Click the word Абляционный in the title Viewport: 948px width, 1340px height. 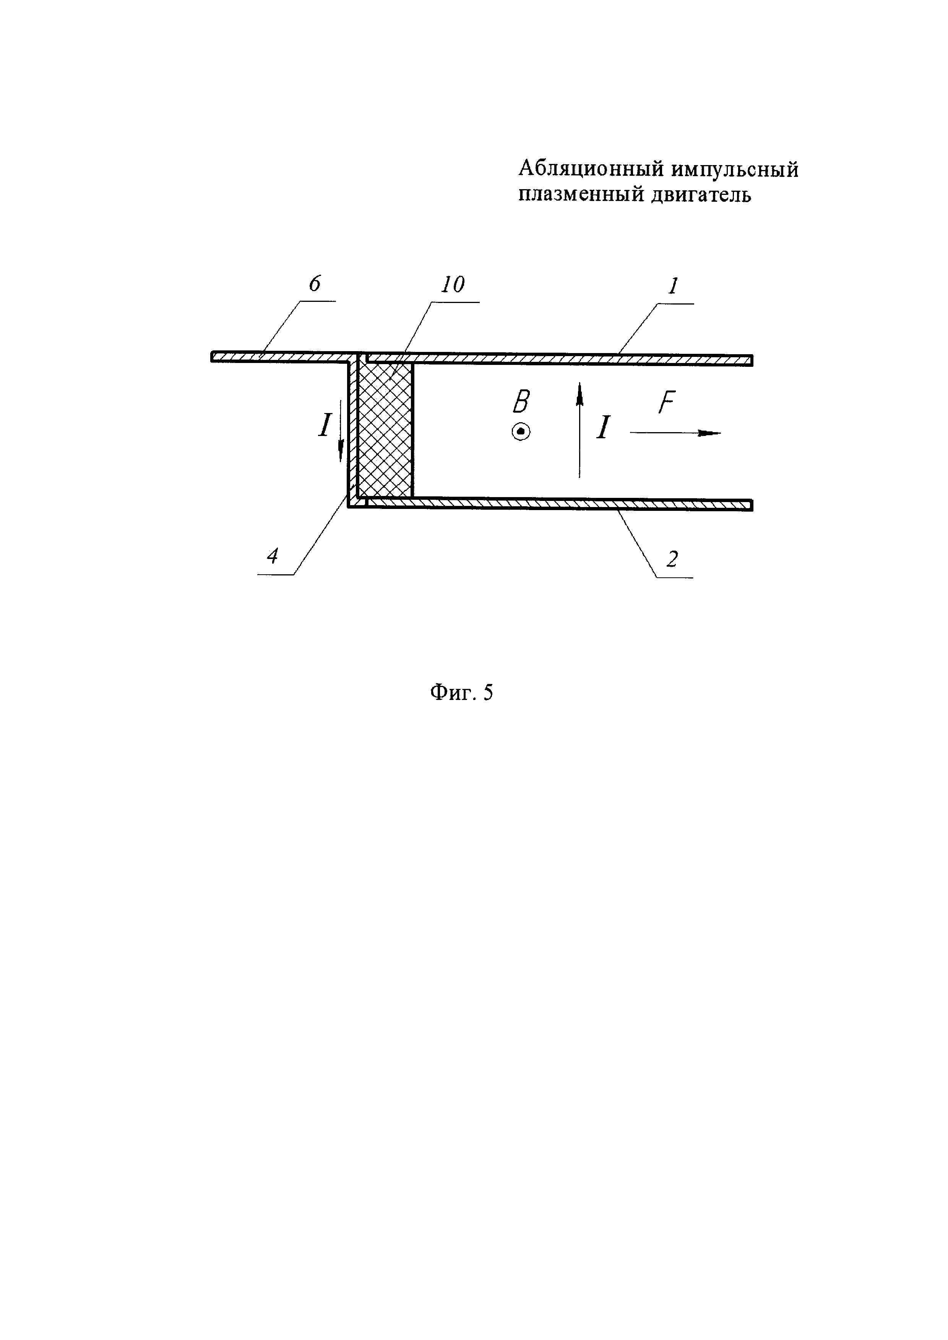pos(591,170)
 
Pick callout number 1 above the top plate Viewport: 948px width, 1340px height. pos(674,286)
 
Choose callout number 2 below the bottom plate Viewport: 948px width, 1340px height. pos(672,559)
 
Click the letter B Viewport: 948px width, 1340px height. pos(521,402)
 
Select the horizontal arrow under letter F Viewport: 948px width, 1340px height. pos(675,433)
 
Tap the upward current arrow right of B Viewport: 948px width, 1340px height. pos(580,429)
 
